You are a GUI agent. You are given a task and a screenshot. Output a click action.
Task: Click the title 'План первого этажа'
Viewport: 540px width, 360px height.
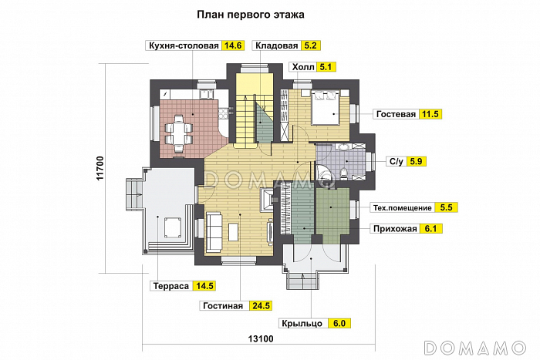[x=250, y=14]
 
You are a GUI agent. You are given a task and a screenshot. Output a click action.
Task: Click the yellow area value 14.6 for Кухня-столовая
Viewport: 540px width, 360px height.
[x=233, y=45]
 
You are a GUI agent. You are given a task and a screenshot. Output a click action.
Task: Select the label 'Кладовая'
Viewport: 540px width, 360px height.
[x=276, y=45]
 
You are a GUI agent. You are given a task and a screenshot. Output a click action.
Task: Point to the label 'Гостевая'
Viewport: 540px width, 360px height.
[x=397, y=114]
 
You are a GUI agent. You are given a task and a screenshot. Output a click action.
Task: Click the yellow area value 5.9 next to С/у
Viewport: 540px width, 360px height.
[x=417, y=161]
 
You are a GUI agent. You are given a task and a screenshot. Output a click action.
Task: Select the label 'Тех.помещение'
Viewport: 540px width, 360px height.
[x=402, y=207]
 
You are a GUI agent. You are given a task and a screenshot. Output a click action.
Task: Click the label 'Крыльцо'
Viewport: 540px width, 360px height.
[x=302, y=324]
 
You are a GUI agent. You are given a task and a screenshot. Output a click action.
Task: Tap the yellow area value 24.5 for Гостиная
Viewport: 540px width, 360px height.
[x=261, y=306]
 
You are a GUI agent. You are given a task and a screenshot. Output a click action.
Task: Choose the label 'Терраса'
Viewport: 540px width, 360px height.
[x=172, y=286]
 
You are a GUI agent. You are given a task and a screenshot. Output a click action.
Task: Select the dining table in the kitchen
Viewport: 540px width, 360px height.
[x=180, y=131]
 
